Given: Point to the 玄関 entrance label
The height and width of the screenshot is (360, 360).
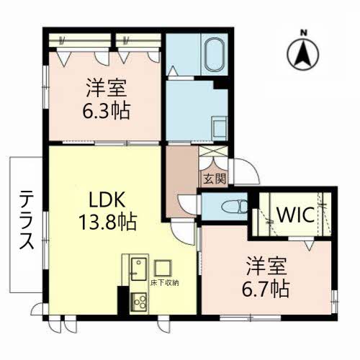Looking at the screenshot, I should coord(215,179).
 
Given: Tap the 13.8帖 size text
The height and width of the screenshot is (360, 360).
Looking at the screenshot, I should coord(109,220).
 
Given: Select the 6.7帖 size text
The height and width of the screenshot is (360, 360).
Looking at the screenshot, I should coord(266,289).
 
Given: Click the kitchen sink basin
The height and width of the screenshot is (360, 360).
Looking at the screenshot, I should coord(137,270).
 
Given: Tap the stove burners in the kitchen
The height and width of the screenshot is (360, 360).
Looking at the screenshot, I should coord(136,303).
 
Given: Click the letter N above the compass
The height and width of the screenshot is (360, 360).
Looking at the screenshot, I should coord(304,32).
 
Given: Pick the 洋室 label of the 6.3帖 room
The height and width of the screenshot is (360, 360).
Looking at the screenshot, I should coord(108,89).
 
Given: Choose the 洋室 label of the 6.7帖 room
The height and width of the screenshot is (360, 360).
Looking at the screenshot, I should coord(266,265).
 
